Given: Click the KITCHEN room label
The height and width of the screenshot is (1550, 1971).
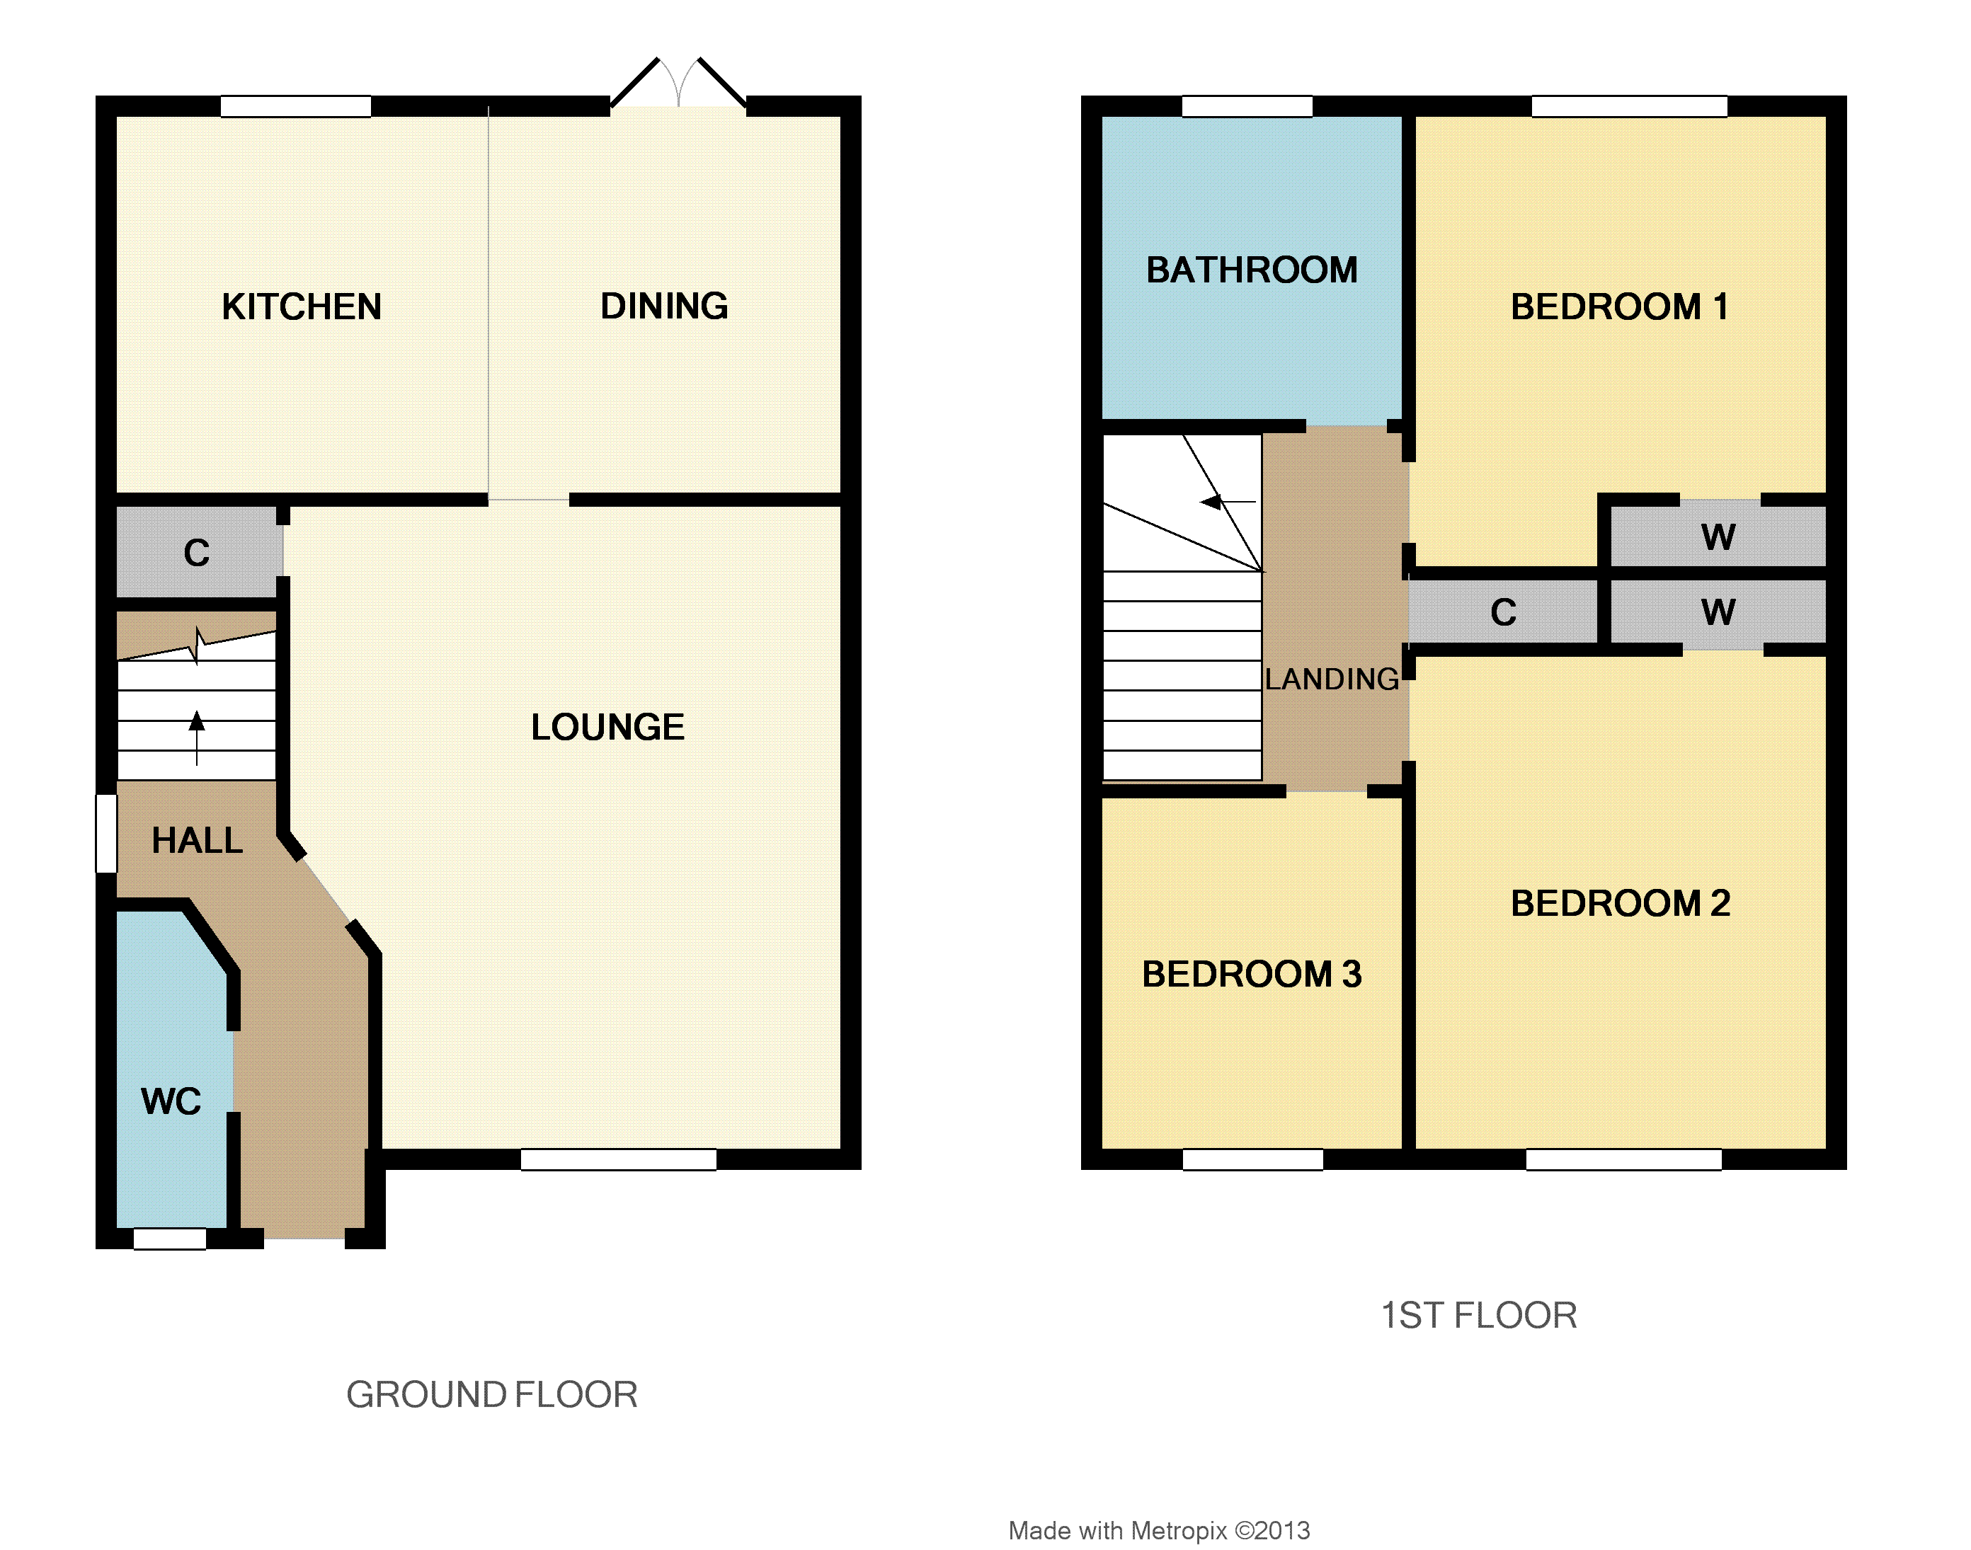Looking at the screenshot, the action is tap(302, 306).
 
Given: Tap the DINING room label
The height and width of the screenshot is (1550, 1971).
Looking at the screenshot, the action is tap(665, 306).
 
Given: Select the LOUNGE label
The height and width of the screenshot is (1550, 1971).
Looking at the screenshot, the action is tap(607, 727).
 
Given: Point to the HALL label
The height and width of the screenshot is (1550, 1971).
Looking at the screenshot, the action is tap(197, 840).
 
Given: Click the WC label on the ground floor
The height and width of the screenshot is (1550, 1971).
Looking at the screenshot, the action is tap(171, 1102).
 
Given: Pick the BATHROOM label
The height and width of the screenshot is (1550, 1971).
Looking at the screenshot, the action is tap(1252, 270).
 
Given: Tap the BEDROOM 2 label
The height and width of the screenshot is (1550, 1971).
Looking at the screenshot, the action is tap(1621, 903).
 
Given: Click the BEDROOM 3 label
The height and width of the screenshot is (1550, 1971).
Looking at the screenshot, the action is tap(1252, 974).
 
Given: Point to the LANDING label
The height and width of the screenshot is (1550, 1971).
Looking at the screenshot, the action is tap(1332, 679).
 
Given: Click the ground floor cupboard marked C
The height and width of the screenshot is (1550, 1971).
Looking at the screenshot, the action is tap(197, 553).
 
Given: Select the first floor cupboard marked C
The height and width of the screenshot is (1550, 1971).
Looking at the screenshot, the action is tap(1504, 612).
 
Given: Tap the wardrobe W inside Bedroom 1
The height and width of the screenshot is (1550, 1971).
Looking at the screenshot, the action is tap(1718, 537).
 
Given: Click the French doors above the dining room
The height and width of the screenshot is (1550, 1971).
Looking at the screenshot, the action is tap(678, 84).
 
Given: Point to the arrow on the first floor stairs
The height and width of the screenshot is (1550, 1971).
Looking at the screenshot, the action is tap(1228, 502).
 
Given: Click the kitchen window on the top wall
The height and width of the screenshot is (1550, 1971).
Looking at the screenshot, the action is tap(296, 106).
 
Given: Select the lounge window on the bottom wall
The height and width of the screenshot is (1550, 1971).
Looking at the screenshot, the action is tap(618, 1159).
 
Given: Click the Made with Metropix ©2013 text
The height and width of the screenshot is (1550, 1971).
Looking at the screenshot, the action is tap(1160, 1531).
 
